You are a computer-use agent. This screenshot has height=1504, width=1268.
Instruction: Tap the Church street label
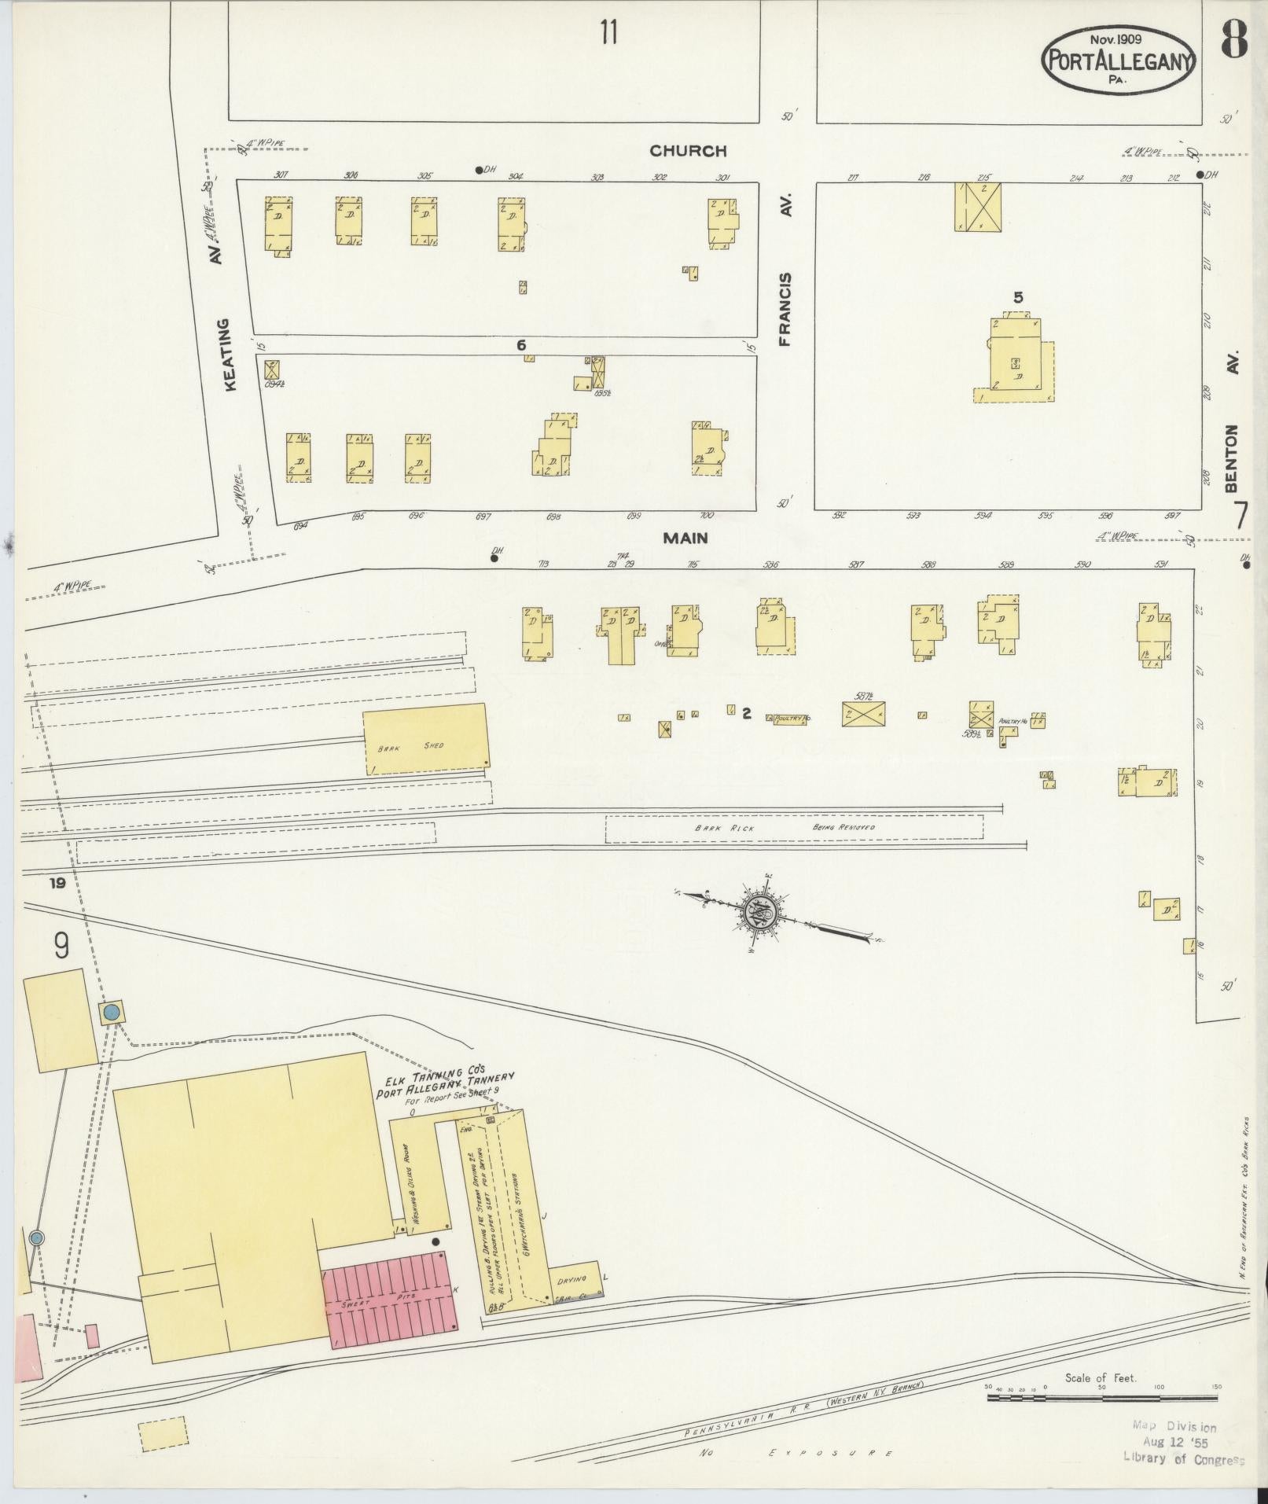[688, 151]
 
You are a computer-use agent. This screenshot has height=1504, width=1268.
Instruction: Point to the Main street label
[685, 538]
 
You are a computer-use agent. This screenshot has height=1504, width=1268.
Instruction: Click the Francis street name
[785, 309]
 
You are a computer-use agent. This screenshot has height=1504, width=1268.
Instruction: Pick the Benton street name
[1231, 458]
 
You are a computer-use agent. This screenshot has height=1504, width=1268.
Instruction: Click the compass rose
[768, 914]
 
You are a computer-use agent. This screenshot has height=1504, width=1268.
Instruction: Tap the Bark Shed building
[425, 739]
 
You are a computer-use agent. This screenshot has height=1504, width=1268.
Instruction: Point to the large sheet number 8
[1234, 41]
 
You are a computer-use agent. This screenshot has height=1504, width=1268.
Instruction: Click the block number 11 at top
[608, 33]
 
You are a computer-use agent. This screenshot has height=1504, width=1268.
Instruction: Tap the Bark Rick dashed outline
[794, 828]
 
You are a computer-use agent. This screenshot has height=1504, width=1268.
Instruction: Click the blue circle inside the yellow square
[112, 1012]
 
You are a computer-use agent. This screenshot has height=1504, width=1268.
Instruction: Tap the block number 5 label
[1019, 297]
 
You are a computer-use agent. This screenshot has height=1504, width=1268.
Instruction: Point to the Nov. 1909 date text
[1116, 38]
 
